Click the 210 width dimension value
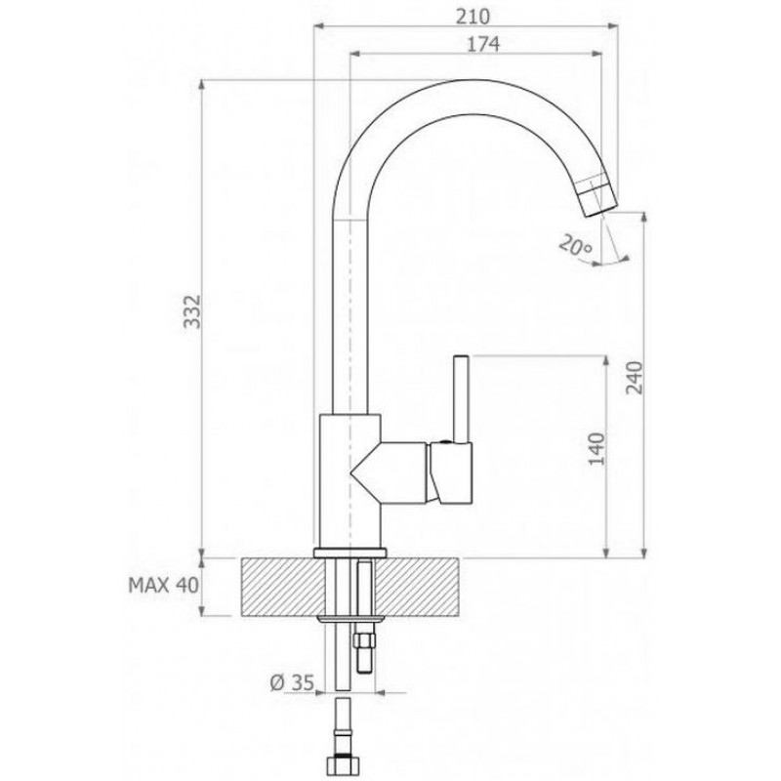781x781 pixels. [x=473, y=17]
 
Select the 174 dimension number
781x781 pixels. [x=482, y=44]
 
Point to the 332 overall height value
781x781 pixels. [x=192, y=311]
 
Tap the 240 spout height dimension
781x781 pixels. [x=634, y=378]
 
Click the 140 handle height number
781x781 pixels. [x=596, y=449]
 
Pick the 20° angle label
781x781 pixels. [x=574, y=245]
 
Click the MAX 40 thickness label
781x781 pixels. [x=163, y=585]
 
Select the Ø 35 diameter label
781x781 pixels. [x=292, y=682]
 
